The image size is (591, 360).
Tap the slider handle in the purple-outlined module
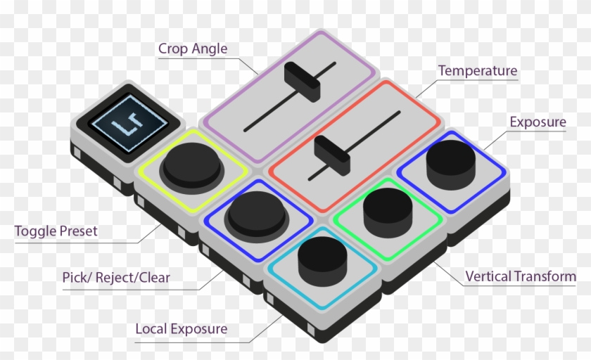(303, 82)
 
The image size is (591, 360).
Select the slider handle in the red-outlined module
(332, 155)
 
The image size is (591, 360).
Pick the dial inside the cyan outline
(323, 259)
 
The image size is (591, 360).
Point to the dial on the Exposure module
(450, 158)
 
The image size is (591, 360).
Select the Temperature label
(477, 71)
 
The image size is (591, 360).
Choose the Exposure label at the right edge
(538, 122)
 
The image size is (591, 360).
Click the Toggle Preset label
(56, 231)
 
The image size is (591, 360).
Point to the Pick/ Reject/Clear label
(116, 278)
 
